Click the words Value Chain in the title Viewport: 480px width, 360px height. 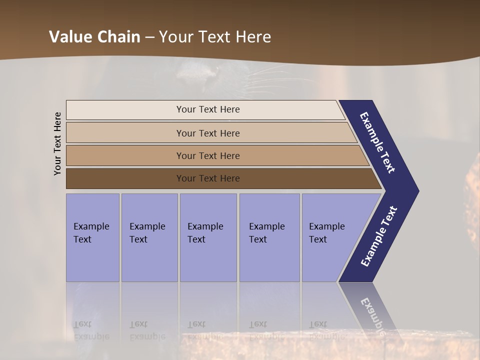[94, 37]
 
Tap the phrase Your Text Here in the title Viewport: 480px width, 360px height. [215, 37]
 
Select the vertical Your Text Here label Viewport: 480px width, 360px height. [58, 143]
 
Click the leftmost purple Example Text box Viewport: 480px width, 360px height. [92, 237]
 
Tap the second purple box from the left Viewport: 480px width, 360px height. [149, 237]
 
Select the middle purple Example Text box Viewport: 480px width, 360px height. [208, 237]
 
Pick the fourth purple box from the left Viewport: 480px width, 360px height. [269, 237]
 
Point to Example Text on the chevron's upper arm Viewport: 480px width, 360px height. [377, 142]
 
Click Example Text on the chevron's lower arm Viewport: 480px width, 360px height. [379, 236]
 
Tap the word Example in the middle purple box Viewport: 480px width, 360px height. [205, 226]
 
